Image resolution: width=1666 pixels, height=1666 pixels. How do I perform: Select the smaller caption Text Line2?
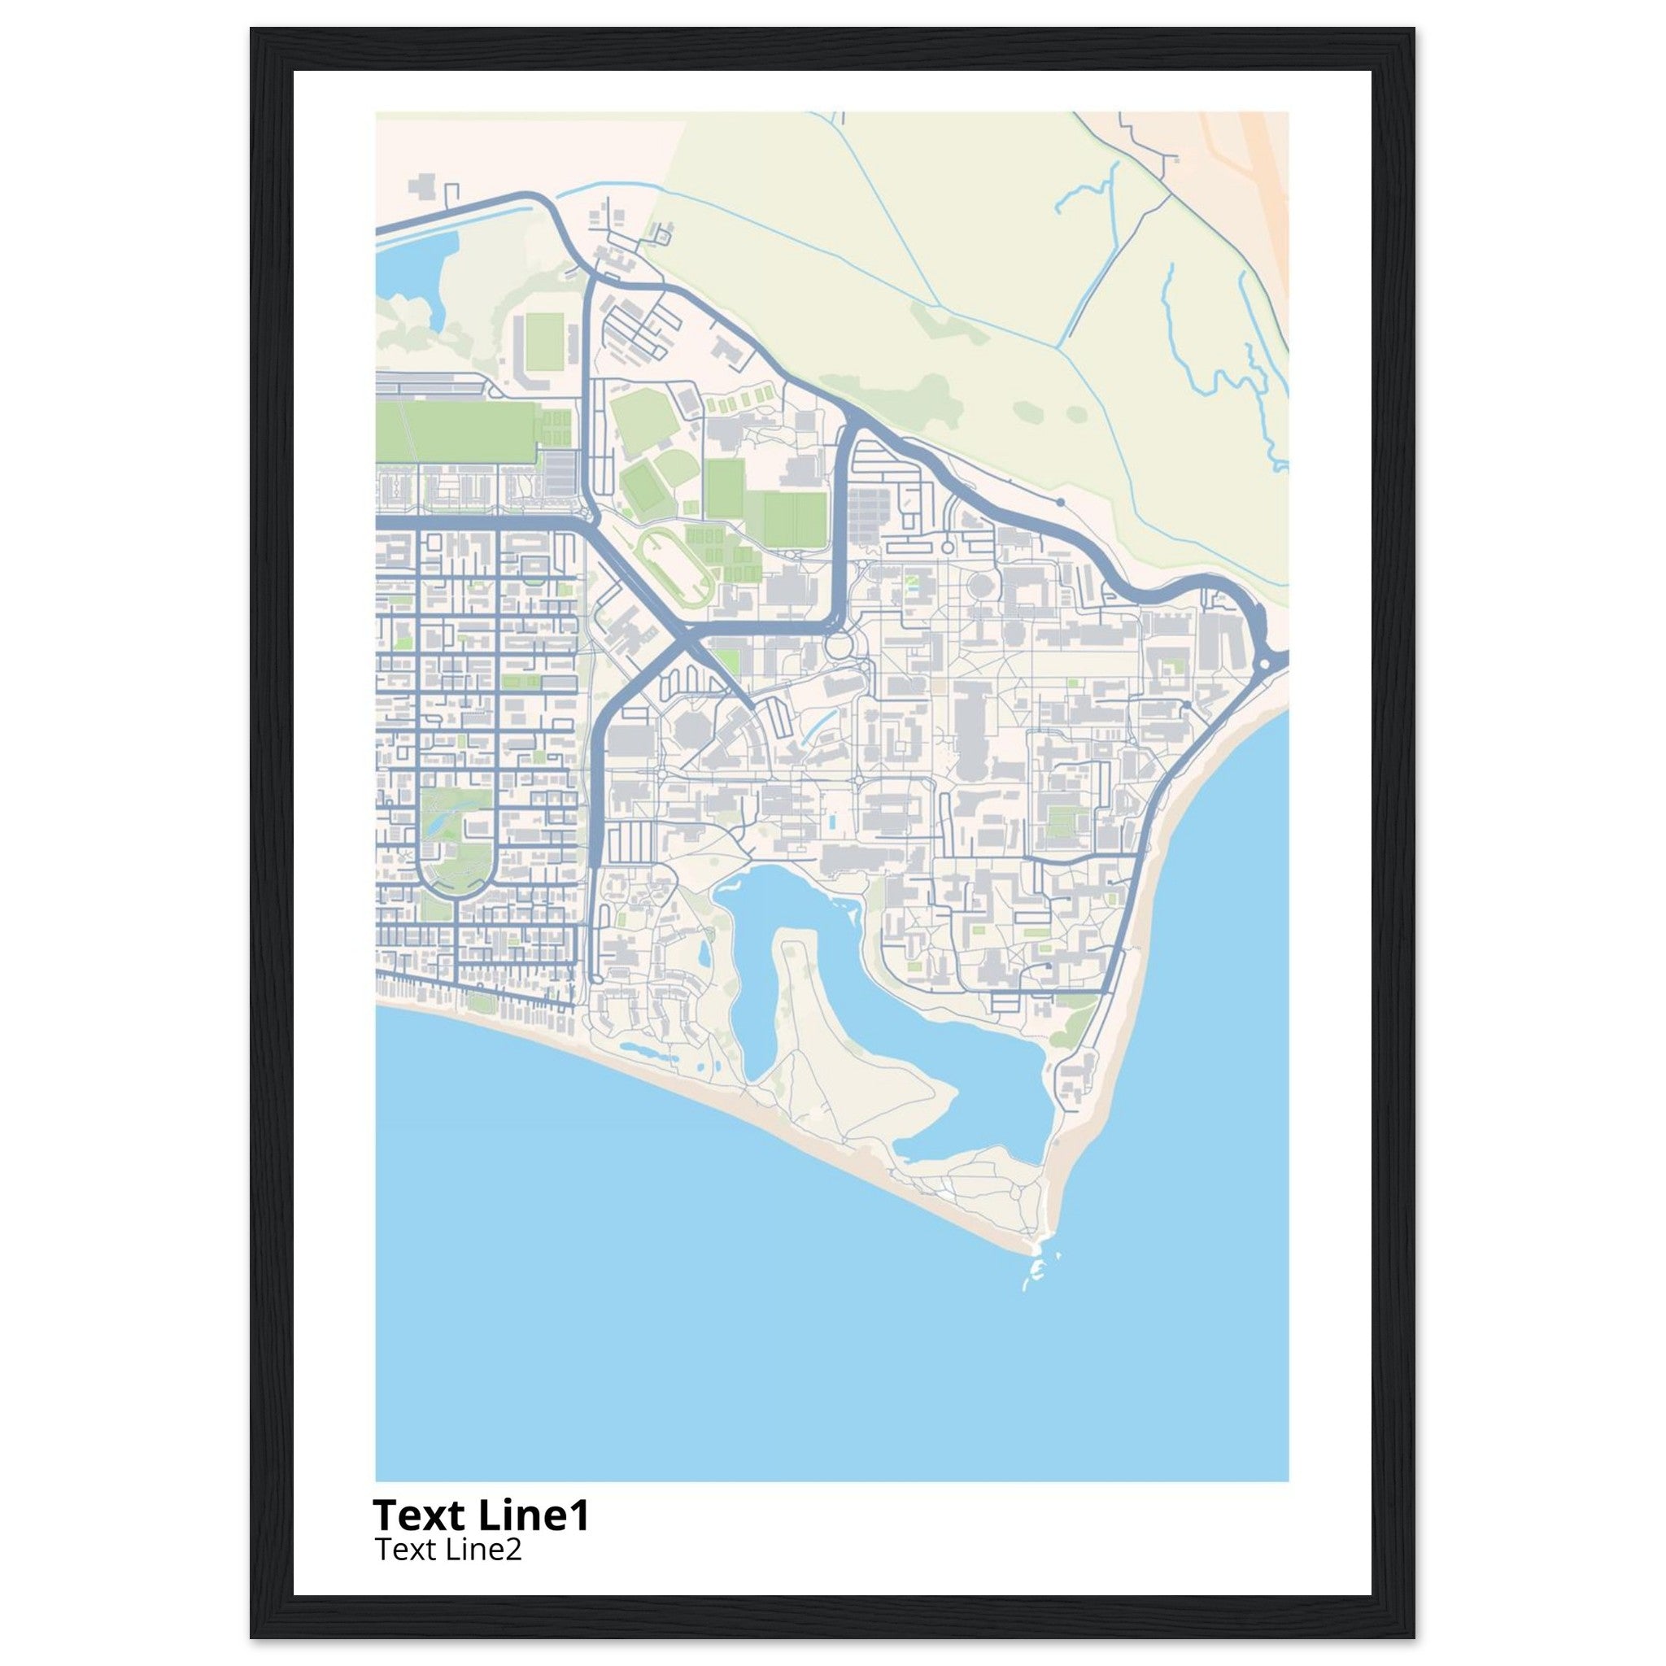pos(447,1550)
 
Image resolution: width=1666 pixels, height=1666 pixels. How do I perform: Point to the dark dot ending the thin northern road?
pos(1060,501)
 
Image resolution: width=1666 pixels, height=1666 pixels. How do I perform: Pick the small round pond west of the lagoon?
pos(704,953)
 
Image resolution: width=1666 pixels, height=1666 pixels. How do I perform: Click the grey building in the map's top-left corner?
pos(422,188)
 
